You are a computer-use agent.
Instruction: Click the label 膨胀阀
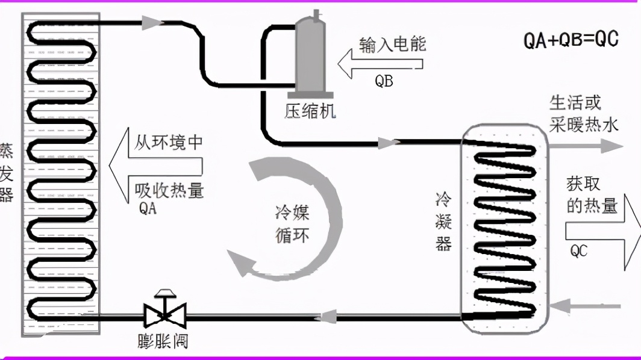tap(161, 341)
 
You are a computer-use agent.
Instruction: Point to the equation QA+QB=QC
tap(571, 40)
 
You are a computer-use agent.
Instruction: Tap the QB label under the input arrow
tap(384, 81)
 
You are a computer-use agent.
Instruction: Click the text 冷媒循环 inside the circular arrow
tap(292, 223)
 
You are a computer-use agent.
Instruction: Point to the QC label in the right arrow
tap(578, 250)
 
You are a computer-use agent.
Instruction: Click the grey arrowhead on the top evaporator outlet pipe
tap(153, 23)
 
